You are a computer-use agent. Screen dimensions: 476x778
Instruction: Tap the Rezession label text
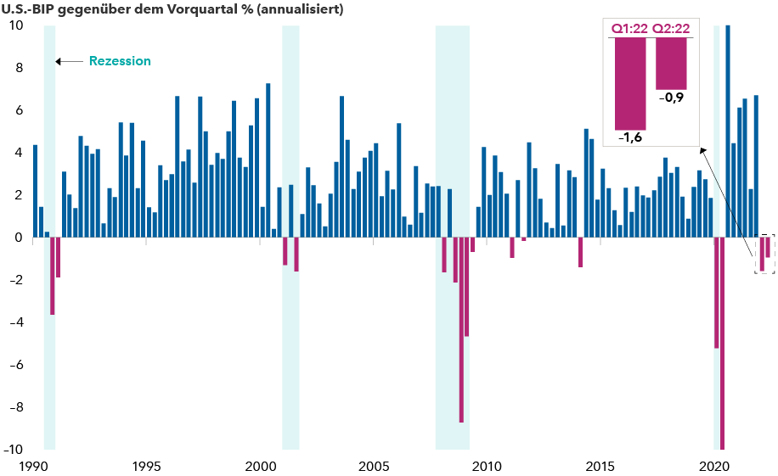(x=120, y=61)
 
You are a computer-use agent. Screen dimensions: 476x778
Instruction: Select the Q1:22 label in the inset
(x=629, y=28)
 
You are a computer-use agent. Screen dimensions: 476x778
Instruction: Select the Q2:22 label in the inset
(x=671, y=28)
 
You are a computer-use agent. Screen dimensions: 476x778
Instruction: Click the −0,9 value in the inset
(x=671, y=98)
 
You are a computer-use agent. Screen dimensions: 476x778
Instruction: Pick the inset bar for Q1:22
(x=629, y=84)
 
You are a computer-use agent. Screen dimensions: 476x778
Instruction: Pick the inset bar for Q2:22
(x=671, y=64)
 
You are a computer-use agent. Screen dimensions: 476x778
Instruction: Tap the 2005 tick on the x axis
(x=374, y=466)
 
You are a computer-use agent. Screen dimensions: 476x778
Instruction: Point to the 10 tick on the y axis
(x=15, y=25)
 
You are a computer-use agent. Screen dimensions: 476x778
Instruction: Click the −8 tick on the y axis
(x=14, y=407)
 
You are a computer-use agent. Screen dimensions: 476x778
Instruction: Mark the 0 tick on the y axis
(x=18, y=238)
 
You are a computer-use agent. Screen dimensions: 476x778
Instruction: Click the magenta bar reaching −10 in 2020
(x=722, y=343)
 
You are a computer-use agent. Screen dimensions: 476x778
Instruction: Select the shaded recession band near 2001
(x=290, y=238)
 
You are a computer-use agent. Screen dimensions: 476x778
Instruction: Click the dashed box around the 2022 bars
(x=764, y=254)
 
